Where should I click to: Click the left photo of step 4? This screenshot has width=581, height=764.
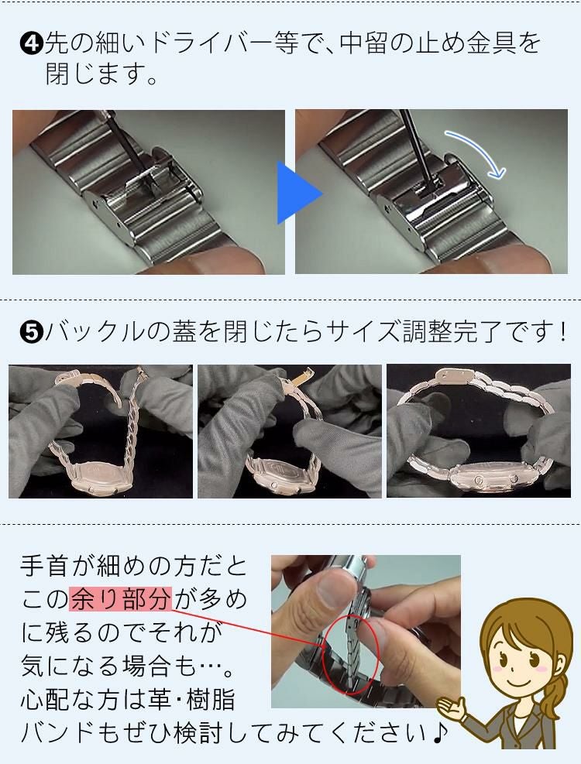(148, 192)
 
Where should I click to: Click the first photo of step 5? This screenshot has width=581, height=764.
(101, 431)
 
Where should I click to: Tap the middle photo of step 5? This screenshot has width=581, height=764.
(290, 431)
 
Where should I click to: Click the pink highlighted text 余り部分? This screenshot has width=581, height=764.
(119, 598)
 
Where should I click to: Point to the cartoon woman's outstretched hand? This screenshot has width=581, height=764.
(453, 705)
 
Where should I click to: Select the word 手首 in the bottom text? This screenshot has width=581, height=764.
(47, 567)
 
